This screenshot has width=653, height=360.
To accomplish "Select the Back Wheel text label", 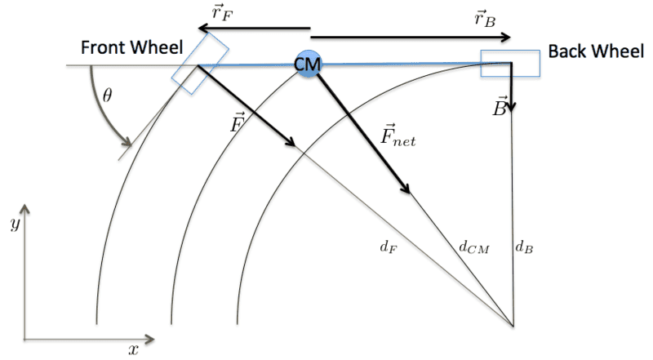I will point(596,51).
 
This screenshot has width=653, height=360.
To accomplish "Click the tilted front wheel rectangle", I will point(198,61).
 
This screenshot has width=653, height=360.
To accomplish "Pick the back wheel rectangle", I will point(509,64).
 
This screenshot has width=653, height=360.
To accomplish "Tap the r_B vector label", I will point(484,17).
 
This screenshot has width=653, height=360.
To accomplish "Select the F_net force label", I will point(399,134).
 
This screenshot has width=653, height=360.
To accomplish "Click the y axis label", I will point(14,223).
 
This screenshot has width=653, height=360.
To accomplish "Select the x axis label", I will point(133,349).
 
